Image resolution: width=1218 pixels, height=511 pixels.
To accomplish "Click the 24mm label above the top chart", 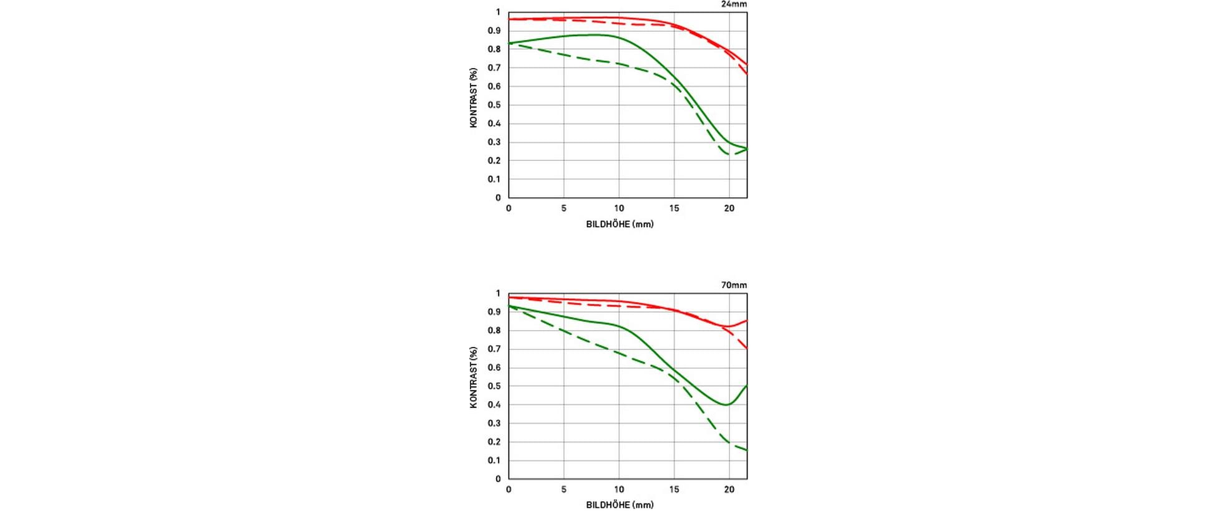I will [x=734, y=4].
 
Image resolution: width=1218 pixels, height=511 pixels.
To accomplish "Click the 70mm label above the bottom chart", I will [x=734, y=285].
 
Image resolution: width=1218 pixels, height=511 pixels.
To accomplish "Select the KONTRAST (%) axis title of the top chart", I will [x=474, y=98].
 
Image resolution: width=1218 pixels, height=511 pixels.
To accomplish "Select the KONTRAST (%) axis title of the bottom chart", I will [x=474, y=377].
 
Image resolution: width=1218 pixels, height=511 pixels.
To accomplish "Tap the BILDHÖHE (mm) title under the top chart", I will [x=620, y=224].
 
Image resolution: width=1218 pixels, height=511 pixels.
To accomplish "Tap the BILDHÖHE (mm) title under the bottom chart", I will [x=620, y=505].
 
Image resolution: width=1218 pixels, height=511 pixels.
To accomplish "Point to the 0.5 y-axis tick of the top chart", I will [x=494, y=105].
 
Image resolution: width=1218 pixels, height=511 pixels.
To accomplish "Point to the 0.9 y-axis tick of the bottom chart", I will [x=494, y=312].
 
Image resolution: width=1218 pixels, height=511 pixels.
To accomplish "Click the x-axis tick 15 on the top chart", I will [x=674, y=208].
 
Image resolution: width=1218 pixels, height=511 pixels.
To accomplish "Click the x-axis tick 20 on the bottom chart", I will [x=729, y=490].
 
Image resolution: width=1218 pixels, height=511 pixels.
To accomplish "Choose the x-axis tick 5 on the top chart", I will [x=563, y=208].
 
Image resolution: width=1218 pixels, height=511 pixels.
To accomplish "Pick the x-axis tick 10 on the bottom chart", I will [x=619, y=490].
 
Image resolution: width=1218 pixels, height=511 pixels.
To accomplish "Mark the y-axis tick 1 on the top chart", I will [x=498, y=12].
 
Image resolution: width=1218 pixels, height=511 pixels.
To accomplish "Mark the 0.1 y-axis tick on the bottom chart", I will [x=494, y=460].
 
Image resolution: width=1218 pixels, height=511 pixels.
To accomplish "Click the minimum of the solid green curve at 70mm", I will [x=726, y=404].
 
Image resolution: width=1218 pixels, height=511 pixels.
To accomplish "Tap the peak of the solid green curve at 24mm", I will [x=593, y=35].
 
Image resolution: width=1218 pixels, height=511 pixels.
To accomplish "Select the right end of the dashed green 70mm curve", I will [x=746, y=450].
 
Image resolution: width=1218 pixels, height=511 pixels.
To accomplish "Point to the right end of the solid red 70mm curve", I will [x=746, y=321].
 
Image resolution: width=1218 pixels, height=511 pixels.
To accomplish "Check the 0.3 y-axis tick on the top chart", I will [x=494, y=142].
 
